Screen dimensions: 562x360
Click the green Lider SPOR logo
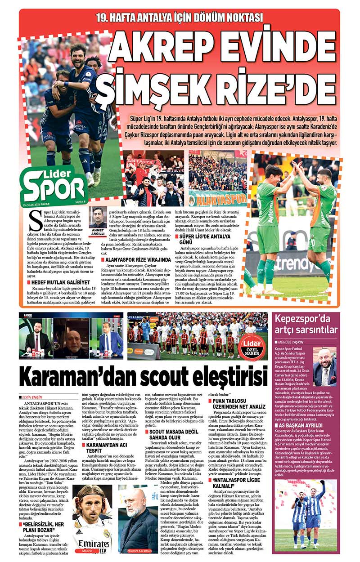tap(54, 183)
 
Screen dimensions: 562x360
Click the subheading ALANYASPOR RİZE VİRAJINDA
tap(135, 259)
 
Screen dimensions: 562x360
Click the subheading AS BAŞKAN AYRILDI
tap(300, 425)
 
